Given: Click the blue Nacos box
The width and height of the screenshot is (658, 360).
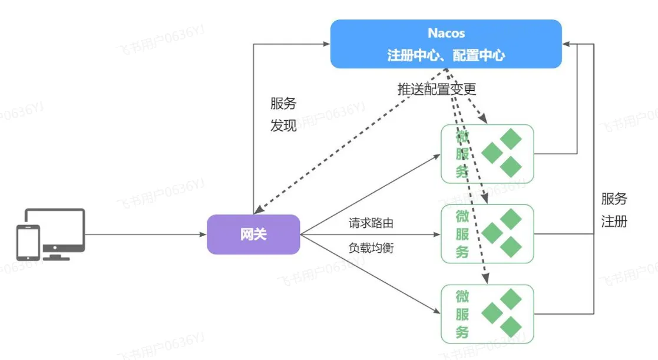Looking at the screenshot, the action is coord(446,44).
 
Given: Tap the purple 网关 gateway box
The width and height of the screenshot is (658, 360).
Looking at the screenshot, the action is coord(253,234).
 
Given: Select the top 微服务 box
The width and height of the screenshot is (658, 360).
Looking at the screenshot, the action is coord(487,154).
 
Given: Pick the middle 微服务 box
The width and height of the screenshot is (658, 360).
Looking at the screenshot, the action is coord(487,234).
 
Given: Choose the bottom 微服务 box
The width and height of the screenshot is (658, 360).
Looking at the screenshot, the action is coord(487,314).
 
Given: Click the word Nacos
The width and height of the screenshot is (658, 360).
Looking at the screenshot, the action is coord(446,33).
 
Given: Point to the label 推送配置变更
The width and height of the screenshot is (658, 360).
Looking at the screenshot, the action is coord(437,89).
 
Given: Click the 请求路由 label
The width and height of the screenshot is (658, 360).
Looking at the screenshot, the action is coord(371,223).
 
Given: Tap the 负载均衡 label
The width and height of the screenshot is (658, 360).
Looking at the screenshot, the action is coord(371,247).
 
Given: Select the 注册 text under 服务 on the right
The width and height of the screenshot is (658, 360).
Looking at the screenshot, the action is coord(614,221).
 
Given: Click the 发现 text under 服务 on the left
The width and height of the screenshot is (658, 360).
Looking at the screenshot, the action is coord(283,125).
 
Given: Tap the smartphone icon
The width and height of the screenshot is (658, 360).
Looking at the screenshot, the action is coord(28,243).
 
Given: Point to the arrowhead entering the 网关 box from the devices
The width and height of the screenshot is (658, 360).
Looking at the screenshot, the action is coord(203,234).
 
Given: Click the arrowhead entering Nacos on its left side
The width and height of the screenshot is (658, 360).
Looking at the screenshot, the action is coord(326,44).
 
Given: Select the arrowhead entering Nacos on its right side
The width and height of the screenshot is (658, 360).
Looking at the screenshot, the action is coord(566,44).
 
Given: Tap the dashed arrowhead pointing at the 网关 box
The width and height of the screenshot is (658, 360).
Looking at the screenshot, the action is coord(259,210).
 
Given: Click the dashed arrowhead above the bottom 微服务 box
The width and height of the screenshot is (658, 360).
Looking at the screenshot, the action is coord(485,279).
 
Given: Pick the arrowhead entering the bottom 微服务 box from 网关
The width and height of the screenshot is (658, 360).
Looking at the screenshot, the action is coord(437,311).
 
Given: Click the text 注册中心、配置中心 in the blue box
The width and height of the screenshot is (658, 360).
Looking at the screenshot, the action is coord(446,55).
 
